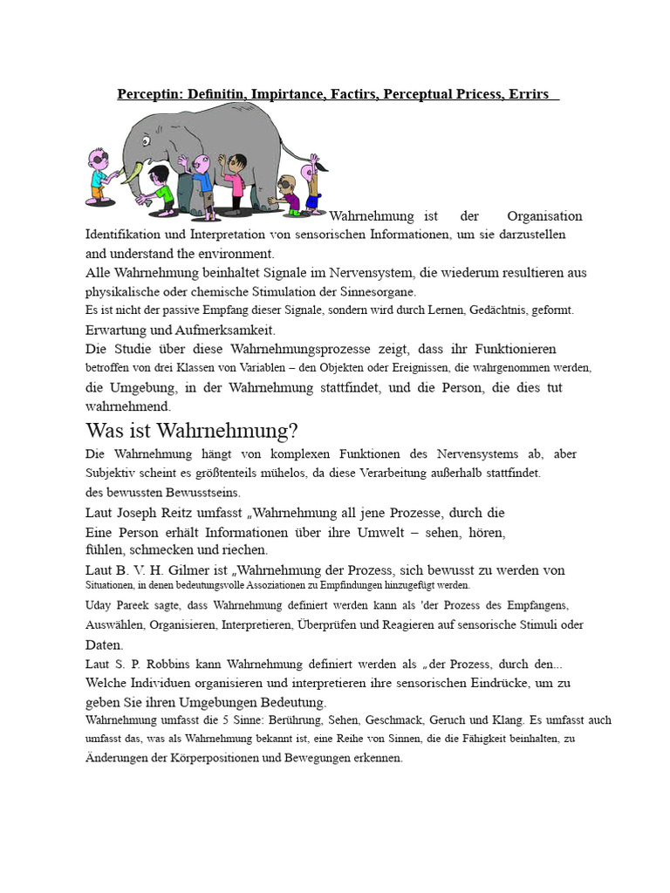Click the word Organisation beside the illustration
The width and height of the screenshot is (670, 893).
pyautogui.click(x=544, y=216)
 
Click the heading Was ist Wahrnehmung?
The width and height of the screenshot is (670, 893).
pyautogui.click(x=192, y=430)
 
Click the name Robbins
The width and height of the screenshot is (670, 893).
pyautogui.click(x=161, y=665)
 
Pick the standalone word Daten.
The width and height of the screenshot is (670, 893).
pyautogui.click(x=104, y=645)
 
